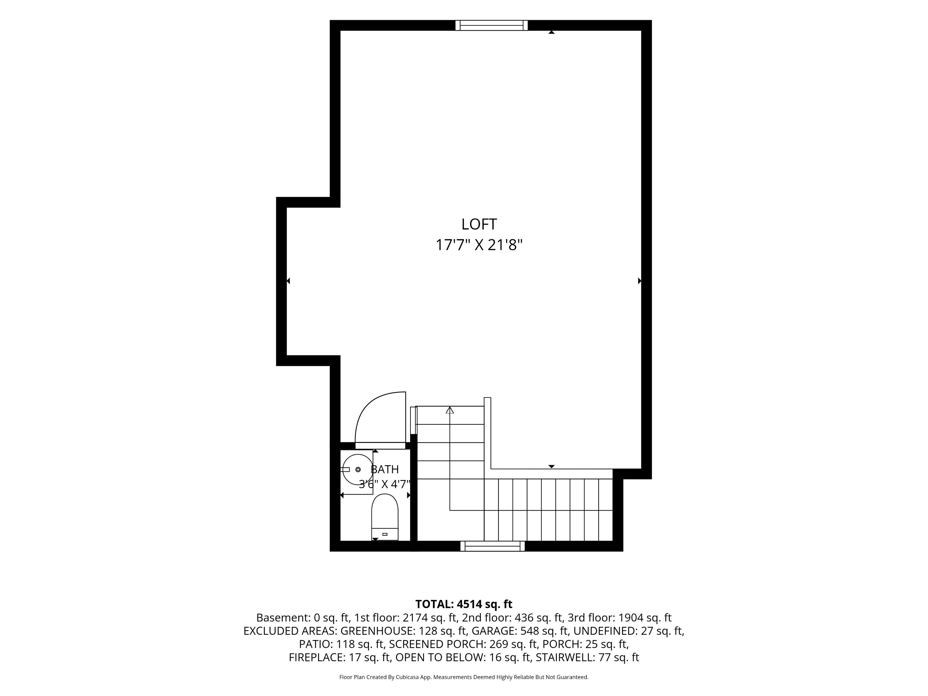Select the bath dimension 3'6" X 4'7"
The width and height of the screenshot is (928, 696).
pyautogui.click(x=384, y=484)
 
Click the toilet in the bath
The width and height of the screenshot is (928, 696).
pyautogui.click(x=385, y=517)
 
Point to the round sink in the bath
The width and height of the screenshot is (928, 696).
pyautogui.click(x=358, y=470)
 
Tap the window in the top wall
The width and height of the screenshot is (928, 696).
pyautogui.click(x=491, y=25)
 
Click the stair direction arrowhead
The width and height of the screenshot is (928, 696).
pyautogui.click(x=450, y=410)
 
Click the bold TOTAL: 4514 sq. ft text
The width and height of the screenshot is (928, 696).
pyautogui.click(x=464, y=604)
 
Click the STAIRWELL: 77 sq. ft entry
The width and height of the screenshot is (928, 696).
pyautogui.click(x=587, y=657)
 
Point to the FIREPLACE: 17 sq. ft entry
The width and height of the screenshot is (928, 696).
pyautogui.click(x=340, y=657)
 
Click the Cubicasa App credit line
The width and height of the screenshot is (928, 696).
pyautogui.click(x=464, y=677)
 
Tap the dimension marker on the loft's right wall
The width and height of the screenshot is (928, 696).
pyautogui.click(x=639, y=281)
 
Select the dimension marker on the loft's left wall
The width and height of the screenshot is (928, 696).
pyautogui.click(x=288, y=281)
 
